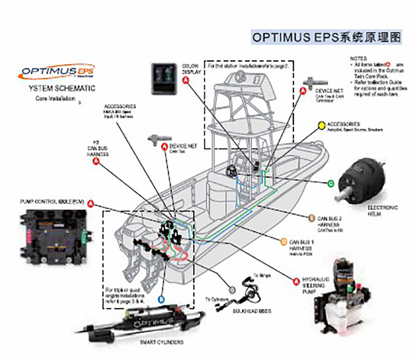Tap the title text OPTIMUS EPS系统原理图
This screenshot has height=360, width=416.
326,37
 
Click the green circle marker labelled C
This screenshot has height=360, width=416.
331,183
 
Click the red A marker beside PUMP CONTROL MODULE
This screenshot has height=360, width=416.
91,203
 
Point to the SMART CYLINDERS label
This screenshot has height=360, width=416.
161,342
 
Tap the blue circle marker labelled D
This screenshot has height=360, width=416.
161,299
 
